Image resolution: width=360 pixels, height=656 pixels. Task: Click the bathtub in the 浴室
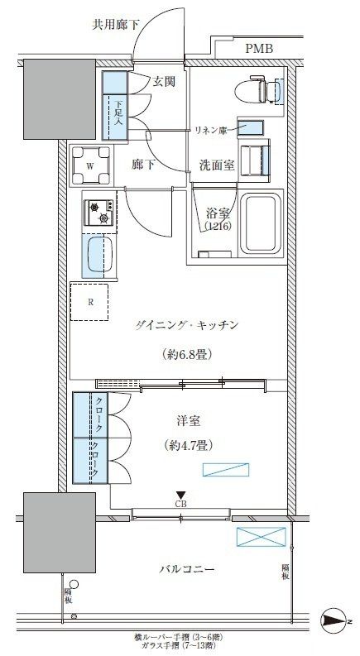[x=259, y=225]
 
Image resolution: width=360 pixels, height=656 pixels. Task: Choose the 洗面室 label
[x=218, y=165]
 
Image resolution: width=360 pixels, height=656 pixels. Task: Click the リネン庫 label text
[x=212, y=130]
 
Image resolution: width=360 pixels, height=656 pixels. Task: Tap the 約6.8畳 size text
[x=185, y=356]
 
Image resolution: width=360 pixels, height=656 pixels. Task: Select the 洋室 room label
[x=183, y=420]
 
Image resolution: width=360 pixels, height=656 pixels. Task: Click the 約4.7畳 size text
[x=185, y=445]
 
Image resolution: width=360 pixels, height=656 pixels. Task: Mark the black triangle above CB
[x=179, y=494]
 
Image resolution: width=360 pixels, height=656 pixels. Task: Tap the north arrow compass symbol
[x=335, y=620]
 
